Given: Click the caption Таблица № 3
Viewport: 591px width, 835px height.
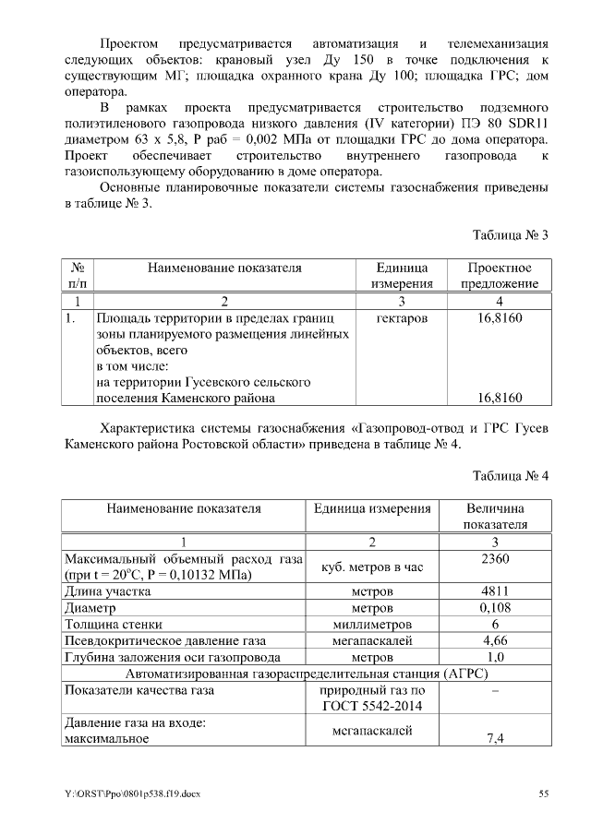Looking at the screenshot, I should (x=511, y=235).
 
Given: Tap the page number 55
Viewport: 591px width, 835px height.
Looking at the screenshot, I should (x=544, y=793).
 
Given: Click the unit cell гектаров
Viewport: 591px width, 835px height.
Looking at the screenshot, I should (x=402, y=318).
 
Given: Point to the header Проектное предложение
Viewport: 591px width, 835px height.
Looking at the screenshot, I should (x=499, y=276).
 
